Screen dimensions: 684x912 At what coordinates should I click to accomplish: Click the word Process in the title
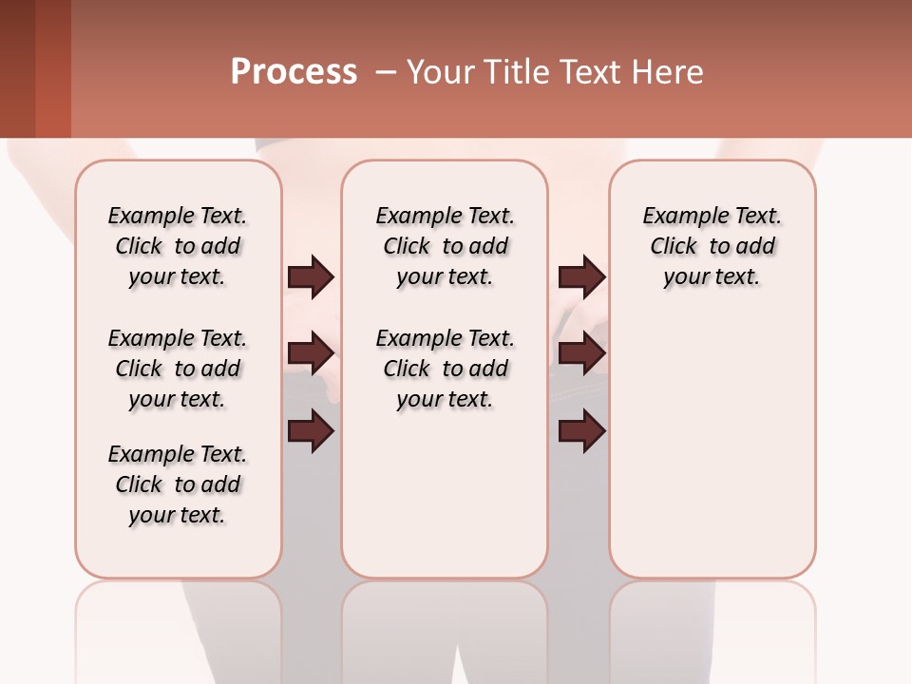(294, 72)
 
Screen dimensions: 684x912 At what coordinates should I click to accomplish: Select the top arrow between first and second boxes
(311, 277)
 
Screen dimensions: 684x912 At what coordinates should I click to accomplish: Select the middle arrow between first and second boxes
(311, 353)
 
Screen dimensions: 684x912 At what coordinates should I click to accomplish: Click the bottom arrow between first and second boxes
(311, 432)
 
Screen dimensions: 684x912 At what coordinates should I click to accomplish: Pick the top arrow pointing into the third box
(581, 277)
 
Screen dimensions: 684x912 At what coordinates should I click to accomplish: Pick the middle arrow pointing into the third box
(581, 353)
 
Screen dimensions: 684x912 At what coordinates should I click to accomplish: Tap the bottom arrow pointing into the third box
(581, 432)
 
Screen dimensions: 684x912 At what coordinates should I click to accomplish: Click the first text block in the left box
(178, 246)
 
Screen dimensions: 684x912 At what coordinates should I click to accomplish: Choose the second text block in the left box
(178, 369)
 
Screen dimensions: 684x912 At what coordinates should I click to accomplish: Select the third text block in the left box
(178, 484)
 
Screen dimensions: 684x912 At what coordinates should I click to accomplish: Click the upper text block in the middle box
(445, 246)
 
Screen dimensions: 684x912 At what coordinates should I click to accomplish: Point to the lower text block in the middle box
(445, 369)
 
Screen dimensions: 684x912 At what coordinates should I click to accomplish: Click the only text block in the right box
(712, 246)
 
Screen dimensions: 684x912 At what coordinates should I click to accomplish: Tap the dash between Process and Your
(385, 72)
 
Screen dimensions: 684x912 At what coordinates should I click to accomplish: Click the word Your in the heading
(440, 72)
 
